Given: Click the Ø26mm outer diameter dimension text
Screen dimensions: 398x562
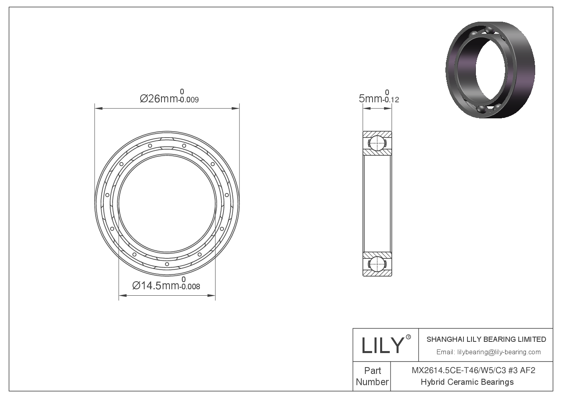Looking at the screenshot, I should pyautogui.click(x=159, y=98).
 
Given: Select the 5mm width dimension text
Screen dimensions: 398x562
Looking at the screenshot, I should pyautogui.click(x=371, y=98).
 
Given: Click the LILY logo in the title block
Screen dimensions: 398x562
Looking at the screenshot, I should pyautogui.click(x=381, y=345).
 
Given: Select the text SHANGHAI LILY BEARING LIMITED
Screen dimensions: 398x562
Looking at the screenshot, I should pyautogui.click(x=486, y=339).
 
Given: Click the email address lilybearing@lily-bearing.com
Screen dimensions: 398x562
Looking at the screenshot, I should pyautogui.click(x=498, y=352).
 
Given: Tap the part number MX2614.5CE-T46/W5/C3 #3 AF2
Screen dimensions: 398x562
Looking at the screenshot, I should pyautogui.click(x=473, y=370).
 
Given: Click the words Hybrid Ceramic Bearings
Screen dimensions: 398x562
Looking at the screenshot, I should pyautogui.click(x=467, y=382).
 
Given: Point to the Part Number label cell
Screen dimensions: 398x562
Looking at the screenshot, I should pyautogui.click(x=372, y=376).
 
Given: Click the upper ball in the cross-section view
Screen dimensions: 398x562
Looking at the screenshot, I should pyautogui.click(x=377, y=143).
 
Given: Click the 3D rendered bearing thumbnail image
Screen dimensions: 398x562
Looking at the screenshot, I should pyautogui.click(x=490, y=70).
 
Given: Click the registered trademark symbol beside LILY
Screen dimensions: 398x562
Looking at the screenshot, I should pyautogui.click(x=409, y=337).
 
